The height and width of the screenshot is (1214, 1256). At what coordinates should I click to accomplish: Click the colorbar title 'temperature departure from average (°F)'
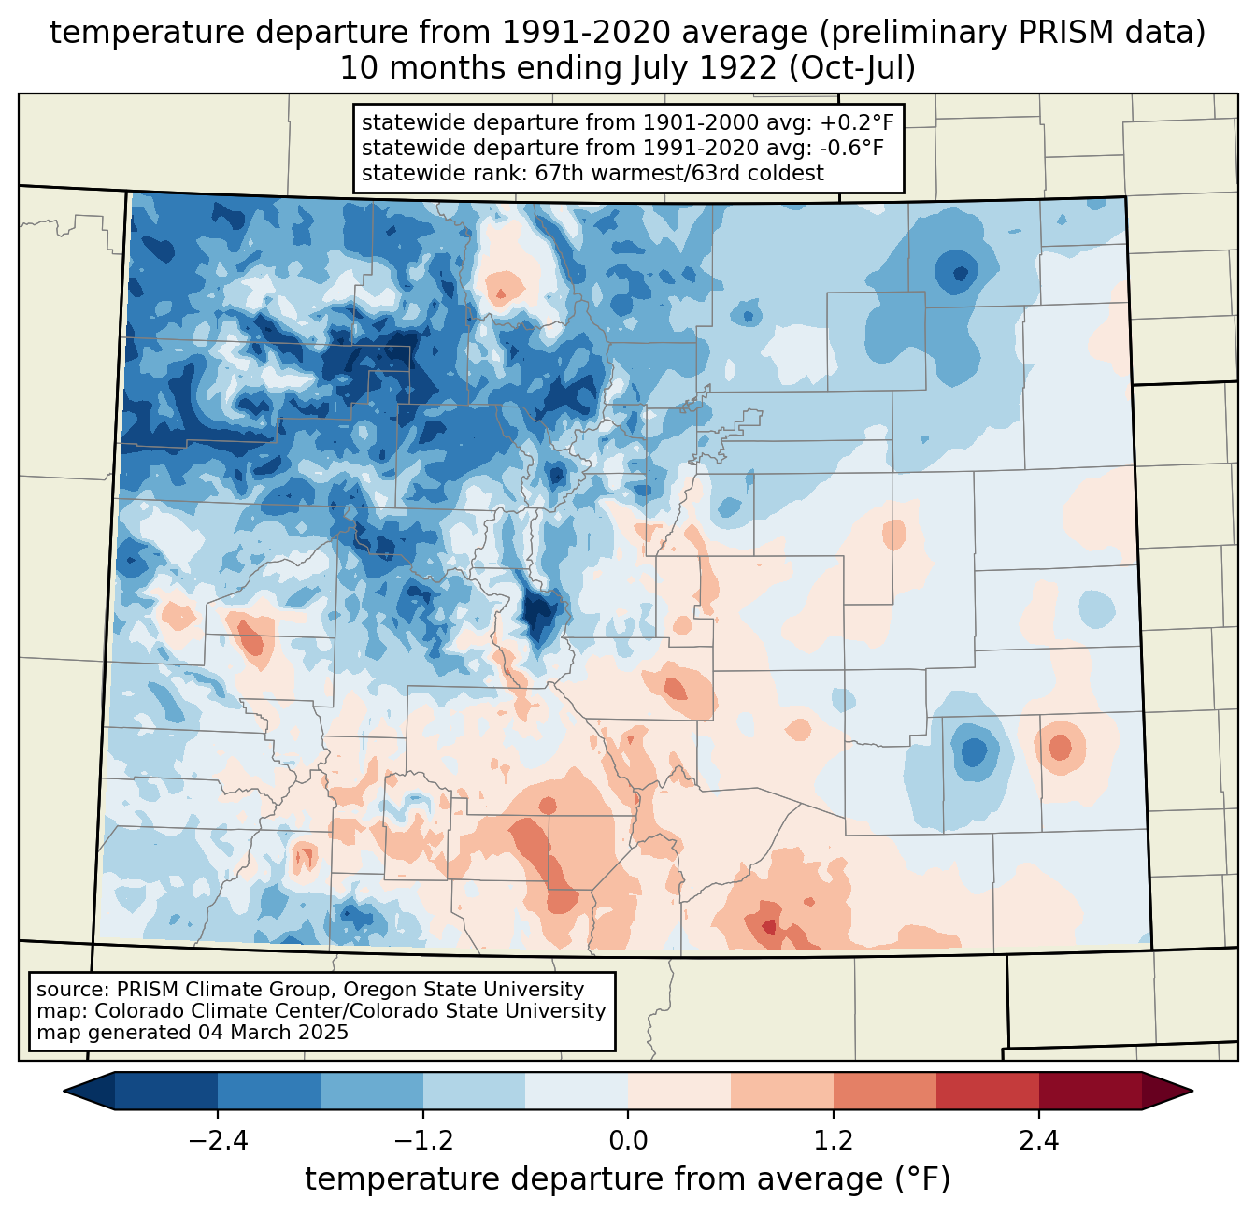[628, 1179]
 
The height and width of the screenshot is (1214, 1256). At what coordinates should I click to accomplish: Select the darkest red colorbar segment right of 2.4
[1090, 1091]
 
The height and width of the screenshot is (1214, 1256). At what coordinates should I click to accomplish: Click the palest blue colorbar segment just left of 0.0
[577, 1091]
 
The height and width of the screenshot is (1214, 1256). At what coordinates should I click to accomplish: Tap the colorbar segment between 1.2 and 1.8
[884, 1091]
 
